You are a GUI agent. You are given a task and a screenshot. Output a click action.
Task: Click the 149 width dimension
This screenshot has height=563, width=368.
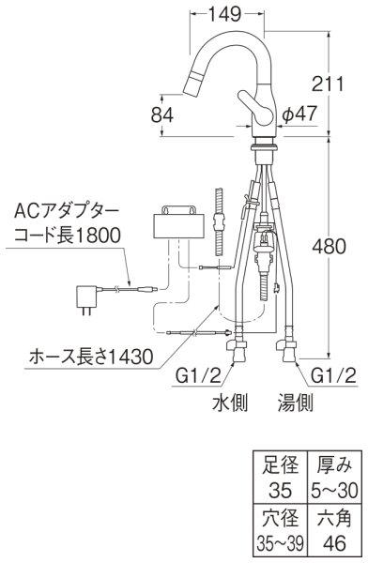tap(226, 13)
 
